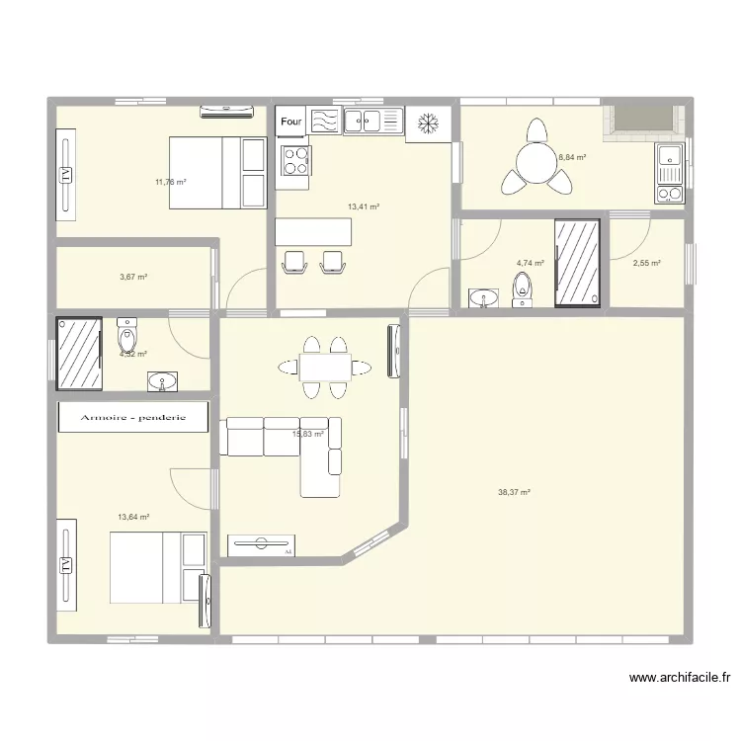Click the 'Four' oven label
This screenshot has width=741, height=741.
tap(290, 122)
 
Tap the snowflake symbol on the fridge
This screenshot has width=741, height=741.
tap(428, 123)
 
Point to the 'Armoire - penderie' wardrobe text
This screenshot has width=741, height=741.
tap(133, 417)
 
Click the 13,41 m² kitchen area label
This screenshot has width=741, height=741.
tap(364, 207)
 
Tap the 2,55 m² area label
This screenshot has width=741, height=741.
tap(647, 264)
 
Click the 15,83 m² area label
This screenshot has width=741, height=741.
tap(308, 434)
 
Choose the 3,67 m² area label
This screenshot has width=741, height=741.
tap(133, 278)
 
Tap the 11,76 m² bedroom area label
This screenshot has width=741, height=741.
tap(170, 182)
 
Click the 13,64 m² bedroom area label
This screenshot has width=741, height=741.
tap(133, 517)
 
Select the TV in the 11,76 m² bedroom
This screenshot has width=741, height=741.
tap(66, 173)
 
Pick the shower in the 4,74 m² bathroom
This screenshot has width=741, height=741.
tap(577, 263)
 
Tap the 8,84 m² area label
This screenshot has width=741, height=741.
tap(572, 157)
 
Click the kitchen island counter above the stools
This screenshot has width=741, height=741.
tap(314, 232)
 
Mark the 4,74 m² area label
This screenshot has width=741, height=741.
tap(531, 264)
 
